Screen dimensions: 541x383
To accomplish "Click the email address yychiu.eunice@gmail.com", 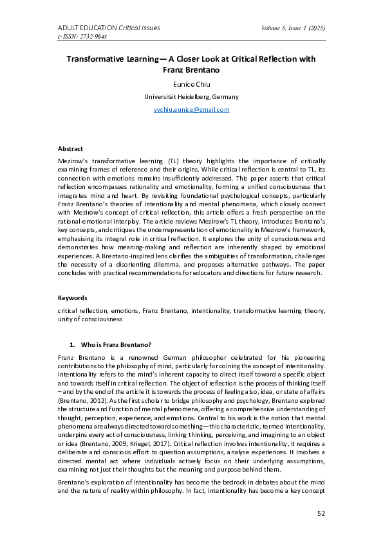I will [x=191, y=110].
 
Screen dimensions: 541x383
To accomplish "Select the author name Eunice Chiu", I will [x=191, y=84].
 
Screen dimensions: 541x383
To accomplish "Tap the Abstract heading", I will [x=70, y=148].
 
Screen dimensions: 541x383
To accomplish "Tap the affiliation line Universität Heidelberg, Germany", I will [x=191, y=96].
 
